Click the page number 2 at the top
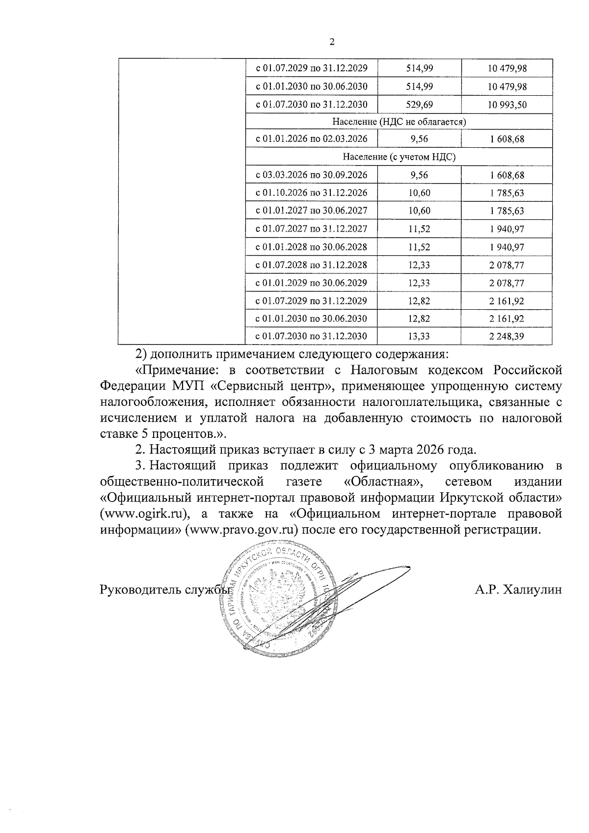click(331, 43)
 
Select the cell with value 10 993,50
click(507, 105)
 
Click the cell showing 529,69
click(419, 105)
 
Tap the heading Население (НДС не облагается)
click(399, 121)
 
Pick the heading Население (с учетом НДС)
click(399, 157)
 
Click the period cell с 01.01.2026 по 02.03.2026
click(311, 139)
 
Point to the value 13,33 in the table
click(419, 336)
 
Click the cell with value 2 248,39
click(507, 336)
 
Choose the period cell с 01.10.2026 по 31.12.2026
click(311, 193)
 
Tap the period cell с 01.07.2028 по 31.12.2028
click(311, 265)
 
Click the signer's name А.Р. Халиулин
click(518, 590)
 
